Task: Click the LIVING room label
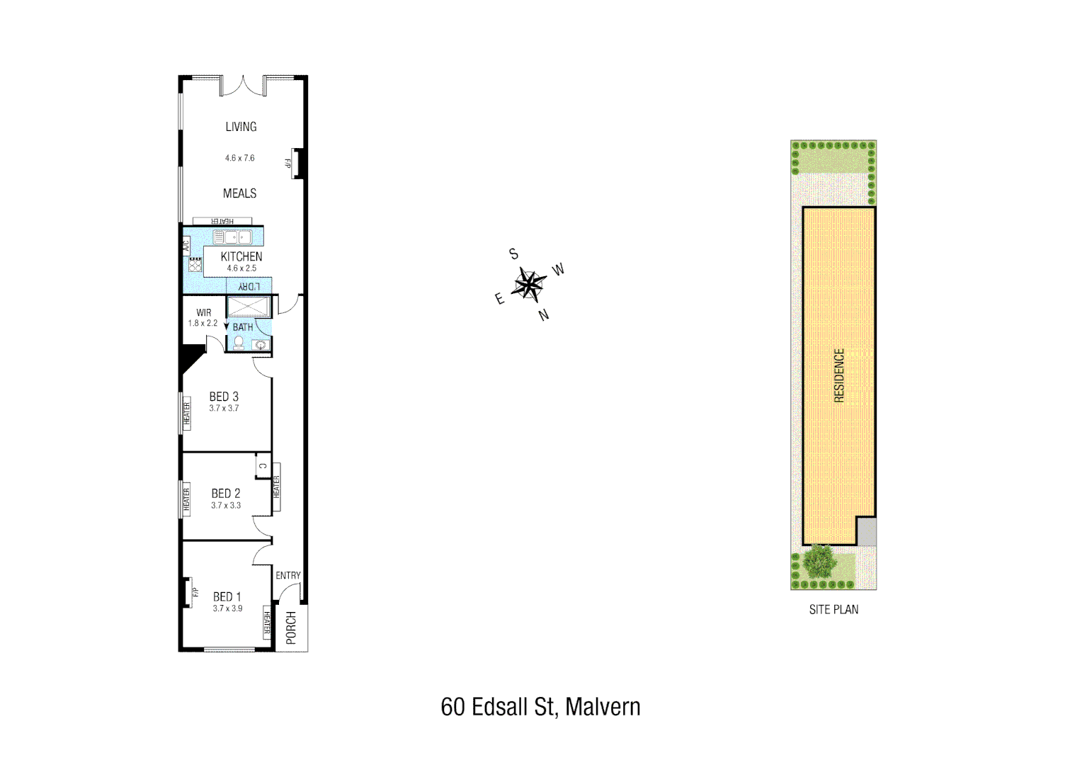pyautogui.click(x=241, y=127)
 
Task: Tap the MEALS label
pyautogui.click(x=239, y=193)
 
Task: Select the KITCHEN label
pyautogui.click(x=241, y=256)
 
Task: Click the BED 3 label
pyautogui.click(x=224, y=397)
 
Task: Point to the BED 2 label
pyautogui.click(x=226, y=494)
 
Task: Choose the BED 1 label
pyautogui.click(x=227, y=597)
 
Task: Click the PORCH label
pyautogui.click(x=291, y=628)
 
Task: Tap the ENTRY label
pyautogui.click(x=288, y=576)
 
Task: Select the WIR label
pyautogui.click(x=204, y=312)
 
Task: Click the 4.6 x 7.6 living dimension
pyautogui.click(x=240, y=158)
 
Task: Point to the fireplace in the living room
pyautogui.click(x=297, y=164)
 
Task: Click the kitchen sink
pyautogui.click(x=233, y=237)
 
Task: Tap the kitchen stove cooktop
pyautogui.click(x=195, y=266)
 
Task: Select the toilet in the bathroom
pyautogui.click(x=239, y=344)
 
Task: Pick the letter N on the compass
pyautogui.click(x=544, y=315)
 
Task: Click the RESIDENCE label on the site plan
pyautogui.click(x=839, y=375)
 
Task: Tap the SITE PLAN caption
pyautogui.click(x=833, y=609)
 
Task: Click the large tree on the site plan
pyautogui.click(x=821, y=561)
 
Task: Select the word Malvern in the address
pyautogui.click(x=603, y=707)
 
